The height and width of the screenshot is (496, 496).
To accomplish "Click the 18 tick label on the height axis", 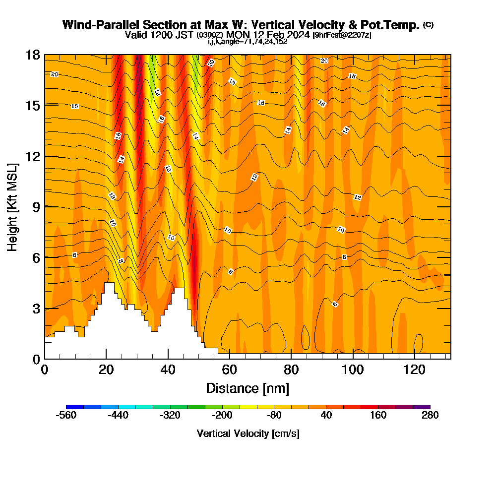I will (33, 55).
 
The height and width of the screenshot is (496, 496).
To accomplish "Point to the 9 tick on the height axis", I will (45, 207).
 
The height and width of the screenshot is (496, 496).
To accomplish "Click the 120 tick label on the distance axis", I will (414, 370).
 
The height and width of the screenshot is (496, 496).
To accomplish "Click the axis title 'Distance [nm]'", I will (248, 388).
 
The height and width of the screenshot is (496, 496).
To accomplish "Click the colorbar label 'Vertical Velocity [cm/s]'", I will (248, 434).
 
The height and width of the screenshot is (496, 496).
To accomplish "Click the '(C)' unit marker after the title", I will (428, 25).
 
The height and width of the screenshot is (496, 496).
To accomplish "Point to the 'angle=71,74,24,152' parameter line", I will (248, 42).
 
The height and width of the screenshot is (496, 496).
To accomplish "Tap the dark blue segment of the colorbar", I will (74, 407).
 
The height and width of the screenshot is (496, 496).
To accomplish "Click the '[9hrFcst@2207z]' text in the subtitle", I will (342, 35).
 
